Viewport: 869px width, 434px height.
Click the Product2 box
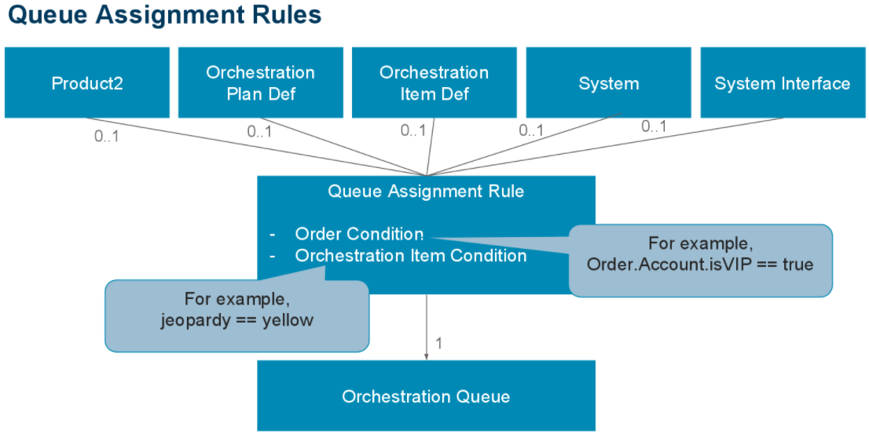(x=87, y=83)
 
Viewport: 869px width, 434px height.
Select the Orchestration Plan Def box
(x=260, y=83)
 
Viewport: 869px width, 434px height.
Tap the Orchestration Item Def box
(x=434, y=83)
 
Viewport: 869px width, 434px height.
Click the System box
(x=608, y=83)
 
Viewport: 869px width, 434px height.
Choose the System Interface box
(x=782, y=83)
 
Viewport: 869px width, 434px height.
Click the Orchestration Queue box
(x=426, y=396)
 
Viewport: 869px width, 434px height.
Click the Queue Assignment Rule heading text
(x=425, y=191)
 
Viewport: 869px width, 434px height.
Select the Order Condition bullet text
(x=359, y=234)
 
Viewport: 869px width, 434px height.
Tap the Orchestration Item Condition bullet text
(x=410, y=256)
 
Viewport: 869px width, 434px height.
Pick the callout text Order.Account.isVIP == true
(x=699, y=264)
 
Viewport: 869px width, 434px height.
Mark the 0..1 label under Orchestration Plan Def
(x=259, y=132)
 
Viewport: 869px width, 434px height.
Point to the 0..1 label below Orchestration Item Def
(x=413, y=130)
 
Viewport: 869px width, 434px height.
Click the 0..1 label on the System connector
(x=531, y=130)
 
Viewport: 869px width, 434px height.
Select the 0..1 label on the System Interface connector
(x=654, y=126)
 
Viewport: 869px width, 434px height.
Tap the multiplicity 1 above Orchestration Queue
(x=439, y=343)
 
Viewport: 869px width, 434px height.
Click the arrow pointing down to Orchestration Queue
(x=427, y=330)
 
